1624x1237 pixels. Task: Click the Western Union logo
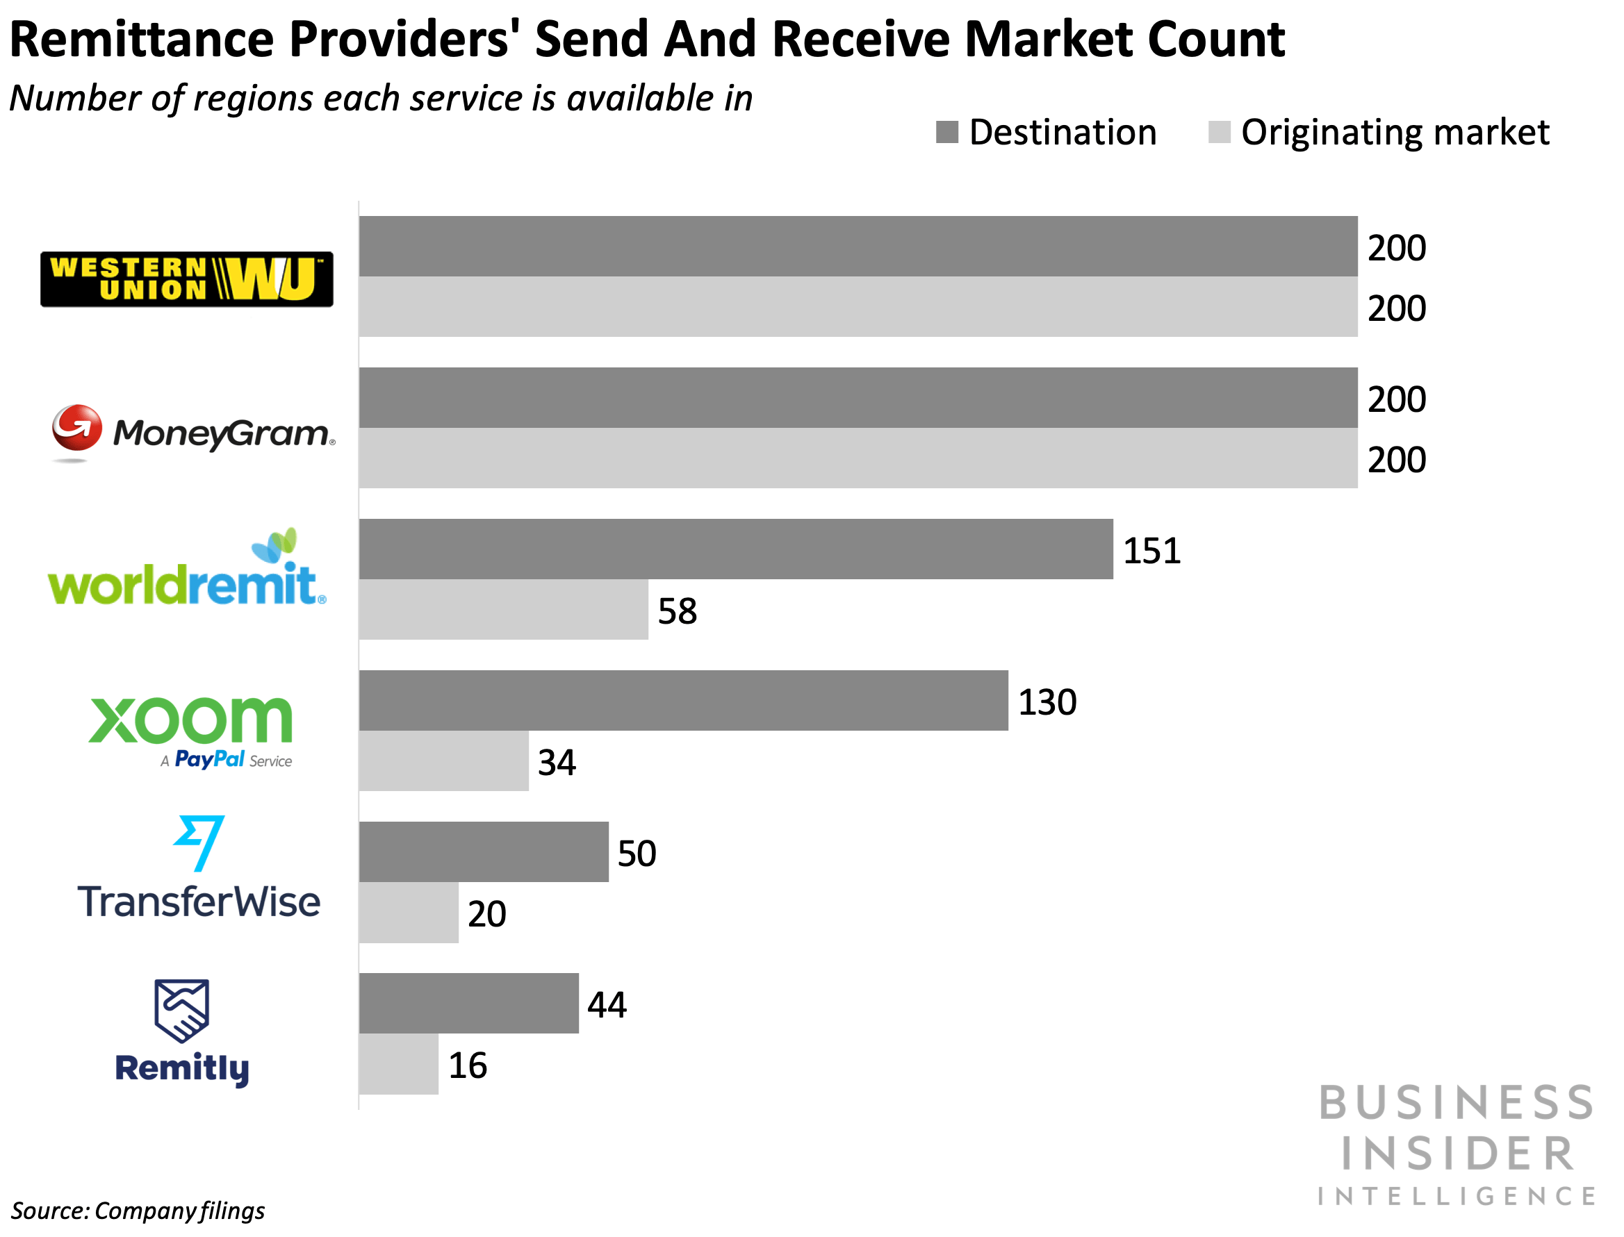pos(186,279)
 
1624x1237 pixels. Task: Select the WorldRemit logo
pos(186,571)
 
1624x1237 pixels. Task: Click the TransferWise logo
pos(199,870)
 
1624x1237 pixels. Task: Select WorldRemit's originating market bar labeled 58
pos(503,610)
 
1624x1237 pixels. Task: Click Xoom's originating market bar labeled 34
pos(443,761)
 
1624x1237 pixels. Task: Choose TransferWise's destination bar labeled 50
pos(483,852)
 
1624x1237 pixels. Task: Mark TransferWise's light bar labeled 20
pos(409,912)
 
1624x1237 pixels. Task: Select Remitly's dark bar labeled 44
pos(468,1003)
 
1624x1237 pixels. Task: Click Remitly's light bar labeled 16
pos(398,1064)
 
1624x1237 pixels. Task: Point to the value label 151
pos(1151,551)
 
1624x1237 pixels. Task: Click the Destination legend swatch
pos(946,133)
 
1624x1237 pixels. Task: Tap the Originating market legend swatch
pos(1219,133)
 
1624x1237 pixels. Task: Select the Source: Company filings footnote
pos(138,1211)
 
